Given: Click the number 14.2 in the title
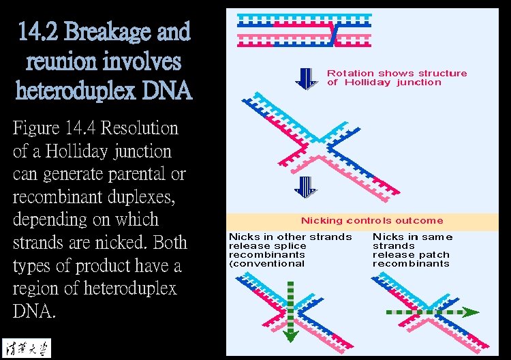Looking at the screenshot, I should [42, 31].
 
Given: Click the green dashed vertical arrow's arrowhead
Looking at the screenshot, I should [290, 335].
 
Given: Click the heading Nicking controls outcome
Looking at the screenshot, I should [372, 221].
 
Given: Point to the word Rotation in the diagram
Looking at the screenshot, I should [350, 73].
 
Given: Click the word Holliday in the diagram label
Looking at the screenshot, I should [367, 82].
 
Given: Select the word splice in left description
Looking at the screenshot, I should [291, 246].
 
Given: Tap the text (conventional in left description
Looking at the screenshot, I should [266, 264].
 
